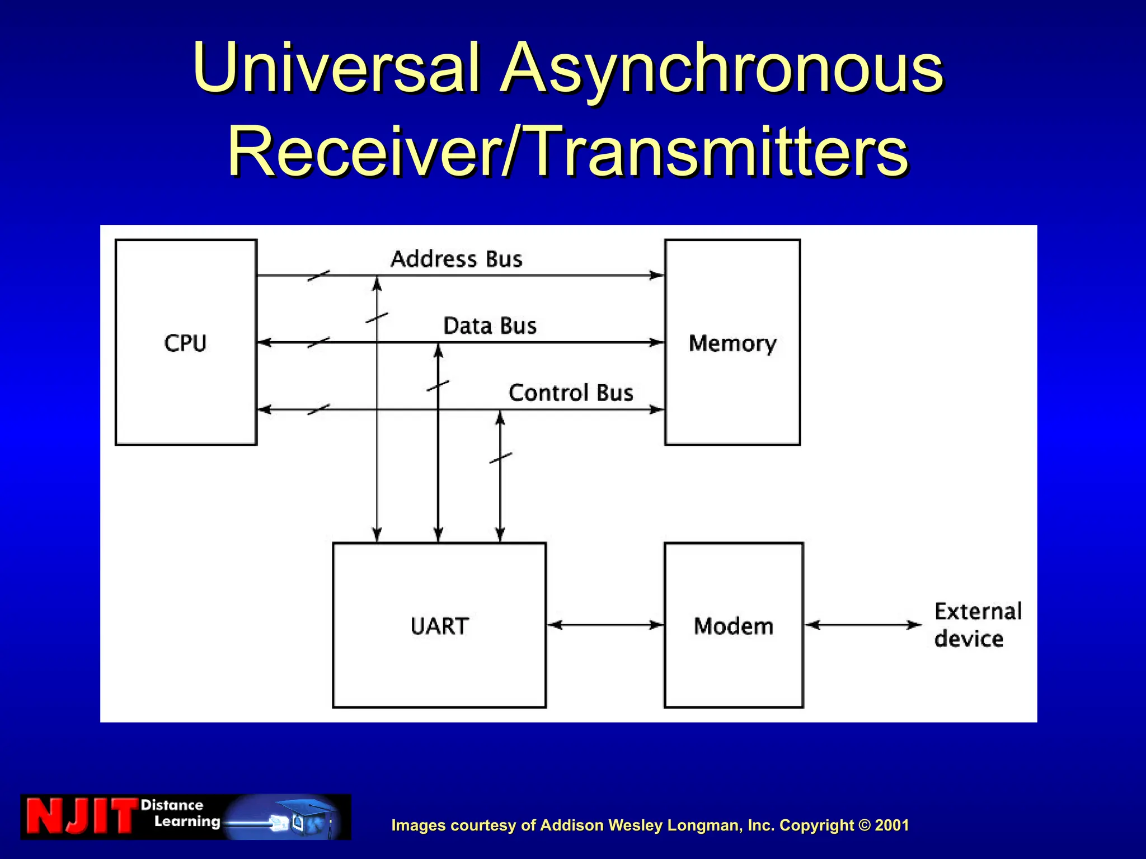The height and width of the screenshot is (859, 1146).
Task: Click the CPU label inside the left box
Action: click(x=185, y=343)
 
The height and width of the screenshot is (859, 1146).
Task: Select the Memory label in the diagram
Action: click(x=732, y=343)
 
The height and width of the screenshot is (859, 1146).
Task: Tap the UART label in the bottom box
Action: click(x=439, y=626)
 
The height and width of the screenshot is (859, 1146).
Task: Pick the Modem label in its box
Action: click(x=734, y=626)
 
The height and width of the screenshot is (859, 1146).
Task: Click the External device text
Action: click(x=977, y=625)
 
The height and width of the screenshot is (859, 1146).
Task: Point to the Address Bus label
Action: click(x=456, y=259)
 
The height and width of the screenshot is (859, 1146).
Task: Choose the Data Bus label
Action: click(x=490, y=326)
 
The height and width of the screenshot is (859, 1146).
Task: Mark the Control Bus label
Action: click(x=571, y=393)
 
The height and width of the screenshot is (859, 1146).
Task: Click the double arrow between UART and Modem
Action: click(x=605, y=625)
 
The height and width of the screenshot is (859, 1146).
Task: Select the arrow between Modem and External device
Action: click(x=863, y=625)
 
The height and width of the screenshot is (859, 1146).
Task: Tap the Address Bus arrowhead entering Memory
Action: click(x=656, y=275)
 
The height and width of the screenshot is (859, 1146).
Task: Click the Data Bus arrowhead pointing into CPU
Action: click(x=264, y=342)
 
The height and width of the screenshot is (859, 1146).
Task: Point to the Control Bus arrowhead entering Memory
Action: click(x=656, y=409)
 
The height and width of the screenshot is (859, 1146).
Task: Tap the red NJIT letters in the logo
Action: click(x=81, y=816)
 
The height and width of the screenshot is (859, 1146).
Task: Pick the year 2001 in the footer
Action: click(x=892, y=825)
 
